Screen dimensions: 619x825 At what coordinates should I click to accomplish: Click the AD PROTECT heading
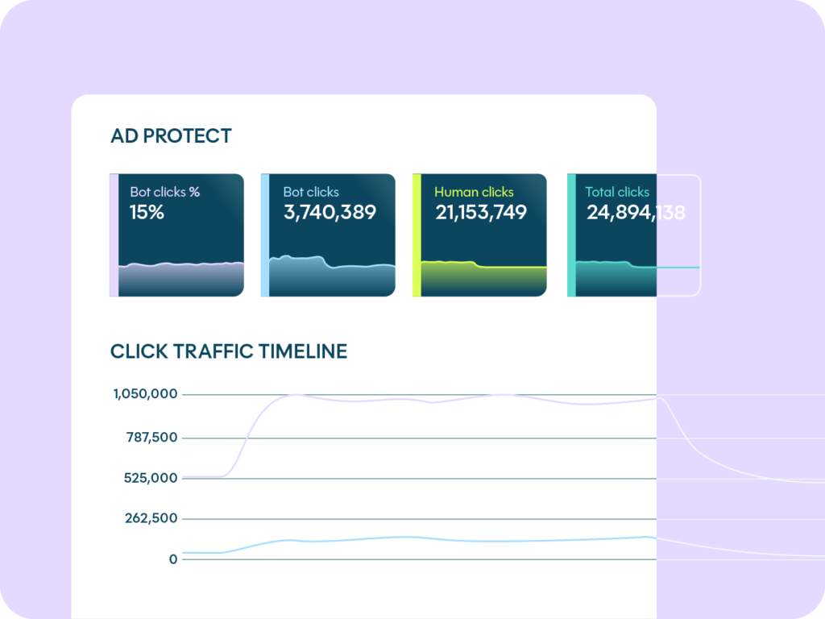click(171, 136)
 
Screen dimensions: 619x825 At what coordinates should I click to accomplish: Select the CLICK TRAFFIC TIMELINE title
click(229, 351)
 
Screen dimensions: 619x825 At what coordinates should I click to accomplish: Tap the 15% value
click(147, 213)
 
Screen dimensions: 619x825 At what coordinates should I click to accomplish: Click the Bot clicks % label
click(165, 192)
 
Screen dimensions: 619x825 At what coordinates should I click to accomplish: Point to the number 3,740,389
click(330, 213)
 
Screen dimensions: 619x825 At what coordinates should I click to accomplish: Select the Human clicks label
click(474, 192)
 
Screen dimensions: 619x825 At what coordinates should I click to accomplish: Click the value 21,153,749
click(481, 213)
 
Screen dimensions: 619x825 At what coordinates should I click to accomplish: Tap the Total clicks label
click(617, 192)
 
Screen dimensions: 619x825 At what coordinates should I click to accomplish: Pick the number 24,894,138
click(636, 213)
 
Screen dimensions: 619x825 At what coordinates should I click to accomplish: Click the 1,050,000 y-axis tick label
click(145, 394)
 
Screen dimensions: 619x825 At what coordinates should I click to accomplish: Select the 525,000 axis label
click(151, 478)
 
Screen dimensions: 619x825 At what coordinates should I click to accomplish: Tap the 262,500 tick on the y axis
click(151, 518)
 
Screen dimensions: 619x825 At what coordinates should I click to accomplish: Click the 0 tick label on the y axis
click(172, 559)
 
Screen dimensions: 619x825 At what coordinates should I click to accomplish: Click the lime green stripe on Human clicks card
click(417, 235)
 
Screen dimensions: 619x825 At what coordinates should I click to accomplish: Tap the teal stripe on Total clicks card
click(571, 235)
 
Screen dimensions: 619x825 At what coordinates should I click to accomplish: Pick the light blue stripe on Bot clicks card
click(264, 235)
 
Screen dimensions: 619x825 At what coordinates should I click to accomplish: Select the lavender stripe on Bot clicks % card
click(114, 235)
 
